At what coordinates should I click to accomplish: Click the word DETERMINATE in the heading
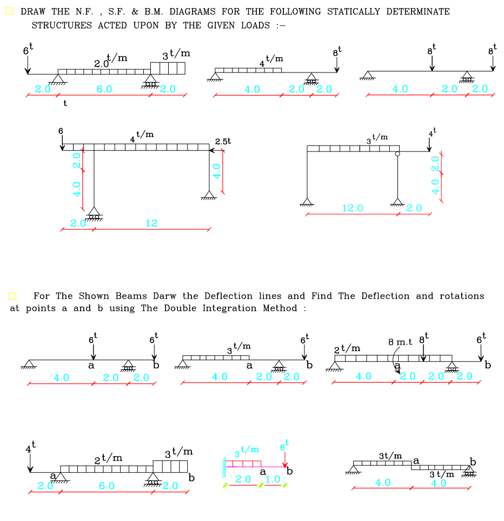(x=418, y=11)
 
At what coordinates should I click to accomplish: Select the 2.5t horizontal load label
(x=223, y=141)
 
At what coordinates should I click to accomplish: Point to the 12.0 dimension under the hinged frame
(x=353, y=208)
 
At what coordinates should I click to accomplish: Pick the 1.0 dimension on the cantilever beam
(x=273, y=479)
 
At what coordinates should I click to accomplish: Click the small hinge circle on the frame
(x=397, y=154)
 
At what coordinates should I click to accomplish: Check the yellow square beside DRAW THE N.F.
(x=9, y=11)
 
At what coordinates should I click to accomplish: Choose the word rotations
(x=462, y=296)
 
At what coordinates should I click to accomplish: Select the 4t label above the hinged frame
(x=432, y=133)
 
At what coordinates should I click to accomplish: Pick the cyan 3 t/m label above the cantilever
(x=246, y=451)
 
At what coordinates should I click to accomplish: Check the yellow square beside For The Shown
(x=12, y=296)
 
